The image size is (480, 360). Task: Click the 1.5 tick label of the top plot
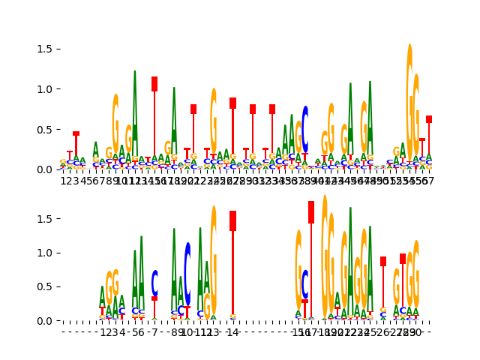pos(43,49)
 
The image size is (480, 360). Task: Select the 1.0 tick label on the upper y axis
pos(43,89)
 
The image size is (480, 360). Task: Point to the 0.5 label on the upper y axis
pos(43,129)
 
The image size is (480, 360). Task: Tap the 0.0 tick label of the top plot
pos(43,169)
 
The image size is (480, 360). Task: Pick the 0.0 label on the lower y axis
pos(43,321)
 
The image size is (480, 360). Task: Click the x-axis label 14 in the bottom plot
pos(232,332)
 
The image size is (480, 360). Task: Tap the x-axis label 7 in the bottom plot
pos(154,332)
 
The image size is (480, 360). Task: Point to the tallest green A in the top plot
pos(135,112)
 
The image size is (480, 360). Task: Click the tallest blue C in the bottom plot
pos(187,274)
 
